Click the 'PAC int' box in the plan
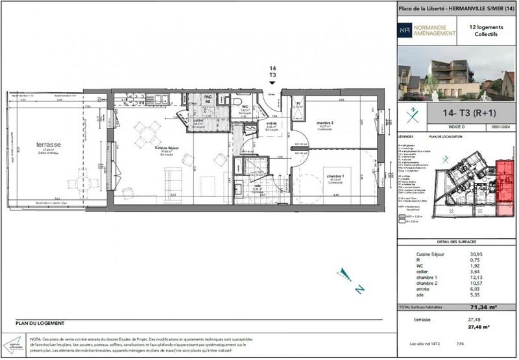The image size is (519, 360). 208,99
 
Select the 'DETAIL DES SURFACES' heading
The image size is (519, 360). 456,241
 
